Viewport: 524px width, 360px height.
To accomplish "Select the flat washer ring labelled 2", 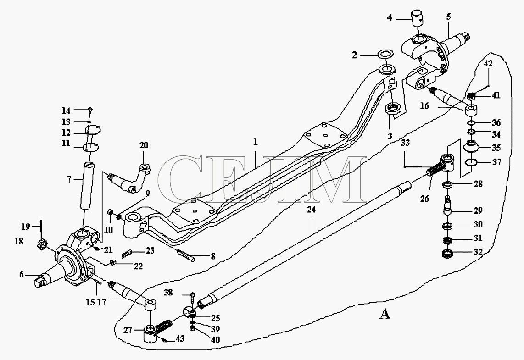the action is pos(385,54).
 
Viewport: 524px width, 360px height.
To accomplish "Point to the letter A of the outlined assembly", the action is pos(385,314).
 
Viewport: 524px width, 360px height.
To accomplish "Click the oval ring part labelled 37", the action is pos(471,163).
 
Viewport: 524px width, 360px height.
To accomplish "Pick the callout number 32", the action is pos(478,252).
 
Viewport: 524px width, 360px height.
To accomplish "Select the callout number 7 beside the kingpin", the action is pos(69,180).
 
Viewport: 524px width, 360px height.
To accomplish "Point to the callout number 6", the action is pos(22,275).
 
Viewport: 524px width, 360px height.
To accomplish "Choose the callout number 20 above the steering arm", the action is pos(144,145).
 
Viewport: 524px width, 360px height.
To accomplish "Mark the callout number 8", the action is pos(213,256).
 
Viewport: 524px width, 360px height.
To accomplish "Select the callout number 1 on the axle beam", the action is pos(255,143).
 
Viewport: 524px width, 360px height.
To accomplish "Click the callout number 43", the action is pos(180,338).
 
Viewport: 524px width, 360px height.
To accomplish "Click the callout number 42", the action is pos(488,63).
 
